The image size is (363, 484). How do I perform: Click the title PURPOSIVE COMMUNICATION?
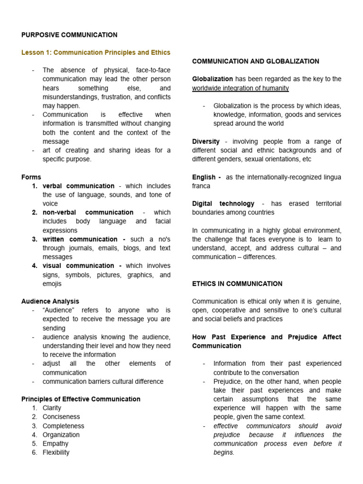[69, 35]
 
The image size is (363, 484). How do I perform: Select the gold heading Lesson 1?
[96, 52]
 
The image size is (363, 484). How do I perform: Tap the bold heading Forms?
[31, 177]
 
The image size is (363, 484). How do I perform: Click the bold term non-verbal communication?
[88, 212]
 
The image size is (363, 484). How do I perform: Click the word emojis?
[52, 284]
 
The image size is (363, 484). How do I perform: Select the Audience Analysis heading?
[50, 301]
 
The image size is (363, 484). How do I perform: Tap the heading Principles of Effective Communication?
[81, 399]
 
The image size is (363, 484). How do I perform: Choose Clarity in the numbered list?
[52, 408]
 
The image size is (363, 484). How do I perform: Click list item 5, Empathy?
[55, 443]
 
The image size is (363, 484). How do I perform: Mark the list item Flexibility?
[56, 452]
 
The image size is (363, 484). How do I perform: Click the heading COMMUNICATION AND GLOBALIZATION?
[256, 61]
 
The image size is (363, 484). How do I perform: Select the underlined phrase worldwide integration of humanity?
[240, 88]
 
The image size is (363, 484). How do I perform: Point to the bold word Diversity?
[206, 141]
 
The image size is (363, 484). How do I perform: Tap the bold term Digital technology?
[223, 203]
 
